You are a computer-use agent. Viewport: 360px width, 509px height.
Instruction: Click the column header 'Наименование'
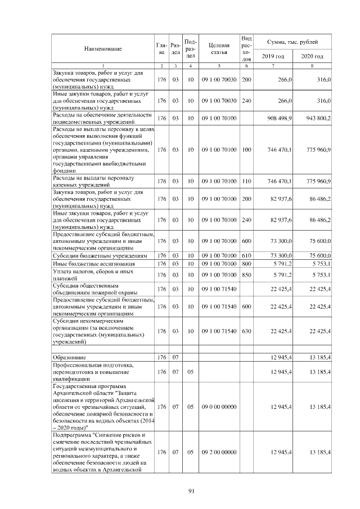[x=103, y=49]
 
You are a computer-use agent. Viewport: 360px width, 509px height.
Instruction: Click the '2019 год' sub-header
[x=273, y=56]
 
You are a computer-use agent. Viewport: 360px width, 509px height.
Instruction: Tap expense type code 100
[x=246, y=150]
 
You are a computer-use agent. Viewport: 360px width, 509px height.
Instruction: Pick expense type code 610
[x=246, y=255]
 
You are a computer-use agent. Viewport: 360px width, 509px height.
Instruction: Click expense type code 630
[x=246, y=331]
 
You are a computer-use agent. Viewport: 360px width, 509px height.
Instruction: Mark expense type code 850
[x=246, y=274]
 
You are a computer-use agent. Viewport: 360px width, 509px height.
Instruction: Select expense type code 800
[x=246, y=263]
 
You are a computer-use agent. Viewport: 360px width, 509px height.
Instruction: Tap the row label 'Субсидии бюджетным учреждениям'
[x=100, y=255]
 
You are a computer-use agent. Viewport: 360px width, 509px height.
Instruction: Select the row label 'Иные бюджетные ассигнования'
[x=93, y=263]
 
